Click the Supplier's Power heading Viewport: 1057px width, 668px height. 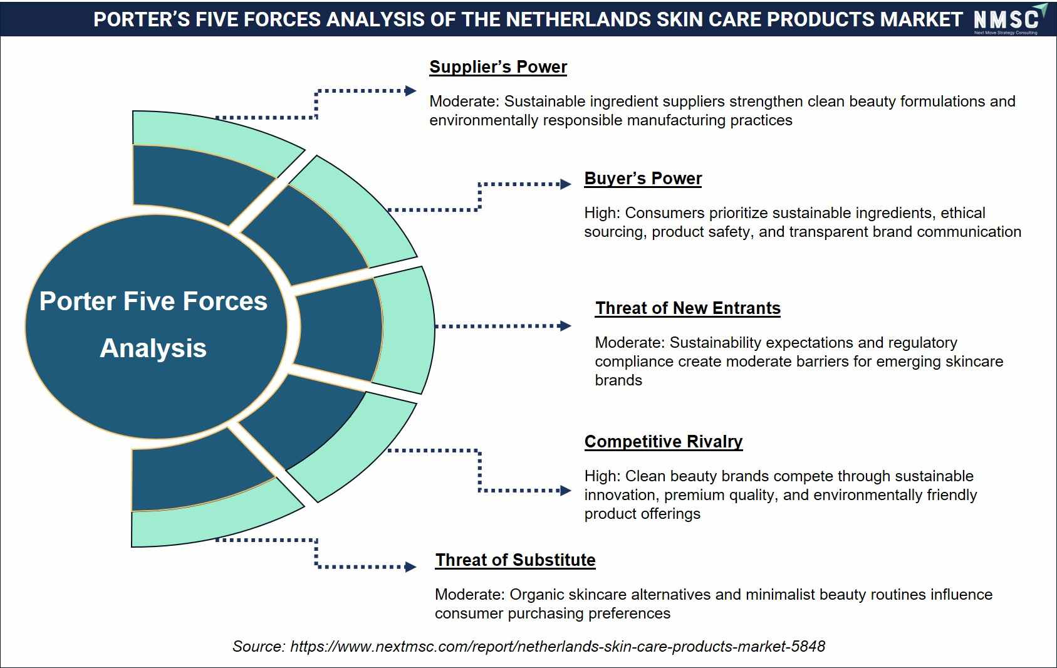(498, 67)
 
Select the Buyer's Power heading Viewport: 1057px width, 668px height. (643, 179)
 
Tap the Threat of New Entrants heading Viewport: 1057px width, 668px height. (687, 308)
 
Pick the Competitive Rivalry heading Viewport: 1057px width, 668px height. (664, 441)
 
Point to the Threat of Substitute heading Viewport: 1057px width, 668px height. (515, 560)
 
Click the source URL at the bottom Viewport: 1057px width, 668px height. (558, 646)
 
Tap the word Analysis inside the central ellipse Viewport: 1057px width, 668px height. (154, 348)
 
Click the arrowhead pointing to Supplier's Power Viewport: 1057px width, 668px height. (410, 91)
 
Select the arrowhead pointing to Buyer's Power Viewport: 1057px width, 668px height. (566, 184)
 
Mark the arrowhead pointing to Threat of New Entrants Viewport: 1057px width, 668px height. (565, 326)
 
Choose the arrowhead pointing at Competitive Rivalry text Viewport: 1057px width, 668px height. (566, 491)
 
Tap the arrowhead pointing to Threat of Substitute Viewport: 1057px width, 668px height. (410, 566)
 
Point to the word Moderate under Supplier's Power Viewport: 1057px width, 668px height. (464, 102)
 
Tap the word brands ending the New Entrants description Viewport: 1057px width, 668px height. (618, 380)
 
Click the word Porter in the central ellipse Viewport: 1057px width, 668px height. (78, 301)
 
